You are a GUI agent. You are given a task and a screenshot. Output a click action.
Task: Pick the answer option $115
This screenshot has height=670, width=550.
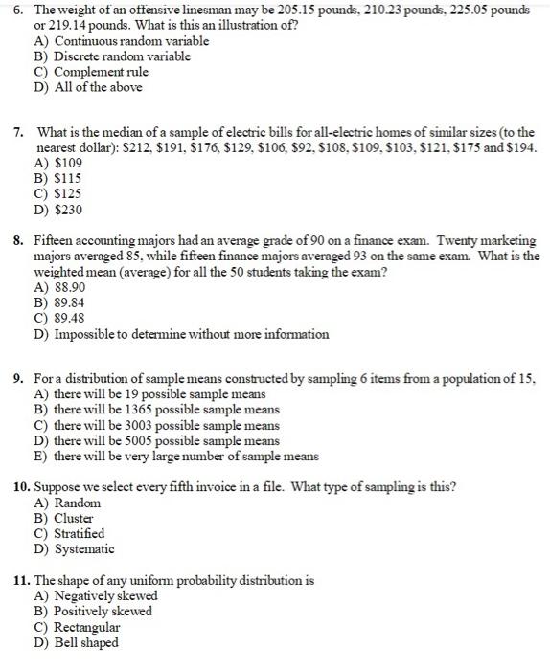(x=66, y=178)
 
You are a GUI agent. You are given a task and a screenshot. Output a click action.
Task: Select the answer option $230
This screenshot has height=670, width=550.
(x=66, y=209)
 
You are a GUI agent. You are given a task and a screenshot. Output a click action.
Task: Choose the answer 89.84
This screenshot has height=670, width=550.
(x=70, y=303)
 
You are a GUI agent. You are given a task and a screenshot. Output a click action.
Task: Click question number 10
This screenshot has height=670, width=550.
(x=23, y=487)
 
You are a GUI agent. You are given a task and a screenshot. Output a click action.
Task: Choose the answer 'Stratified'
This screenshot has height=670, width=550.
(x=80, y=533)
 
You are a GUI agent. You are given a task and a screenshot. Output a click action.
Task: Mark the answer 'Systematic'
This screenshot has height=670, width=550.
(x=84, y=548)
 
